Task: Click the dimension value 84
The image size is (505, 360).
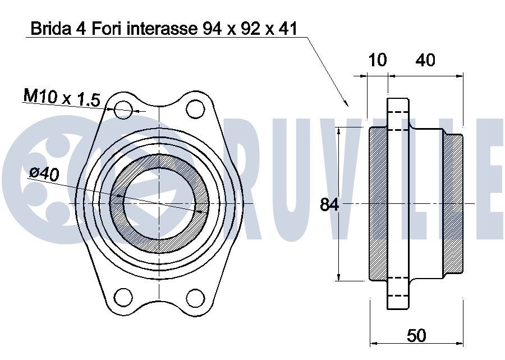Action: click(329, 205)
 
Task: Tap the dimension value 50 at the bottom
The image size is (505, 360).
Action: click(416, 335)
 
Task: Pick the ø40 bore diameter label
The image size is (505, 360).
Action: click(44, 174)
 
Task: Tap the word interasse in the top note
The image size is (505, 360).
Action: click(160, 29)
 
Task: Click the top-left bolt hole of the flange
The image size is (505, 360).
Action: click(123, 110)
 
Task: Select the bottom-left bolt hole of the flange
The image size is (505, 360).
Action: click(123, 297)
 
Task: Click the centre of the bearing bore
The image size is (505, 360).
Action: click(159, 203)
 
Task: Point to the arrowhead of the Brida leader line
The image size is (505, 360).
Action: click(347, 104)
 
